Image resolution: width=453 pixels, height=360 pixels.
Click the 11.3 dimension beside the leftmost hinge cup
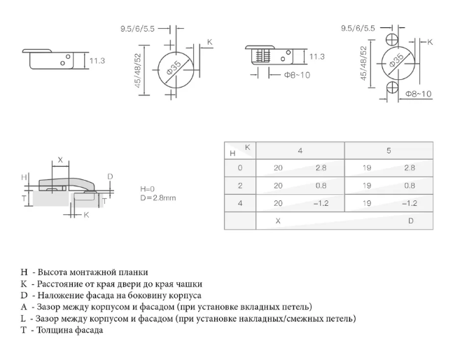97,61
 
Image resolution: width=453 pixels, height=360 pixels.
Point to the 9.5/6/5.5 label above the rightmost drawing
357,28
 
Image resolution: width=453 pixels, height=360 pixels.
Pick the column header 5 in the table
389,151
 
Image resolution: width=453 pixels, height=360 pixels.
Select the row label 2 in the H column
240,186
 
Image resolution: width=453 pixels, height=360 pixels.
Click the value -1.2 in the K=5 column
410,203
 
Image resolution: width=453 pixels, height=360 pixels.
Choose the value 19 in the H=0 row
368,168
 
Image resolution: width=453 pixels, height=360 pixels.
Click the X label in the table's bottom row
278,221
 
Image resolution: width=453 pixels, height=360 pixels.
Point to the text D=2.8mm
158,198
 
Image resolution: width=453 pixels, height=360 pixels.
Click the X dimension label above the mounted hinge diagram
60,160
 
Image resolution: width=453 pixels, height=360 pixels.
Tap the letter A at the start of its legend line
24,307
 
